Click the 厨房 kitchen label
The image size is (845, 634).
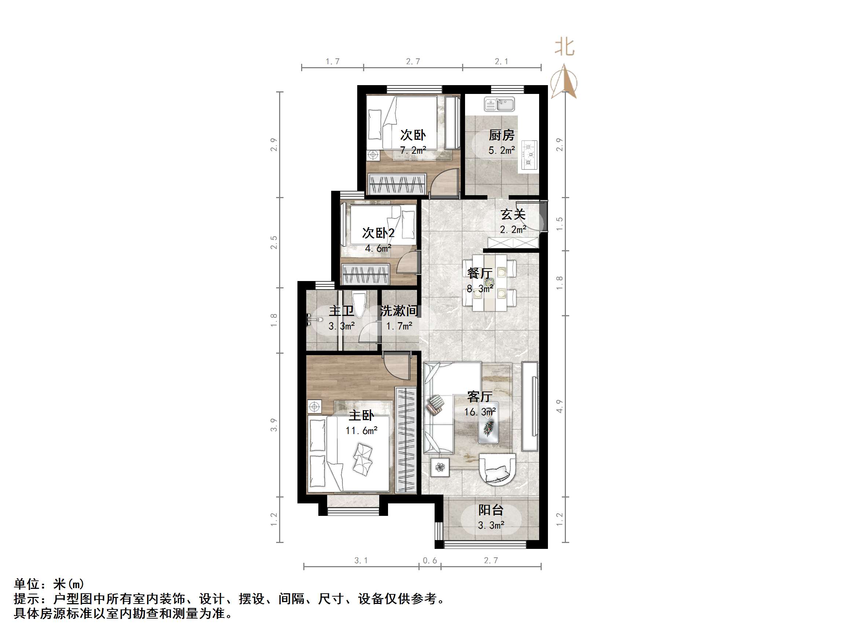(x=501, y=135)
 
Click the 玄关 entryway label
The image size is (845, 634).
(x=513, y=214)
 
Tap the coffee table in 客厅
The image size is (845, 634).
(x=489, y=422)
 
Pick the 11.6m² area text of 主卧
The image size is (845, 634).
(x=361, y=431)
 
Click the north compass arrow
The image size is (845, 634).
(x=564, y=82)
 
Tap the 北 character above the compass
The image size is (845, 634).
(x=564, y=48)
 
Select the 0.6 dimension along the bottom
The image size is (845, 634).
(x=430, y=560)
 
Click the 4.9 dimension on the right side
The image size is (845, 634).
(x=559, y=406)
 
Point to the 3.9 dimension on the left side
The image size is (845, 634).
(x=274, y=425)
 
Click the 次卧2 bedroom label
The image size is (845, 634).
(x=378, y=233)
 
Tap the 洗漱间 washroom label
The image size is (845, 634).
(x=399, y=311)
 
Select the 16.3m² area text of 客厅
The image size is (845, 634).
(x=480, y=412)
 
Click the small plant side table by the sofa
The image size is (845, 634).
(x=440, y=467)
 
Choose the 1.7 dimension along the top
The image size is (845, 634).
(x=332, y=61)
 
